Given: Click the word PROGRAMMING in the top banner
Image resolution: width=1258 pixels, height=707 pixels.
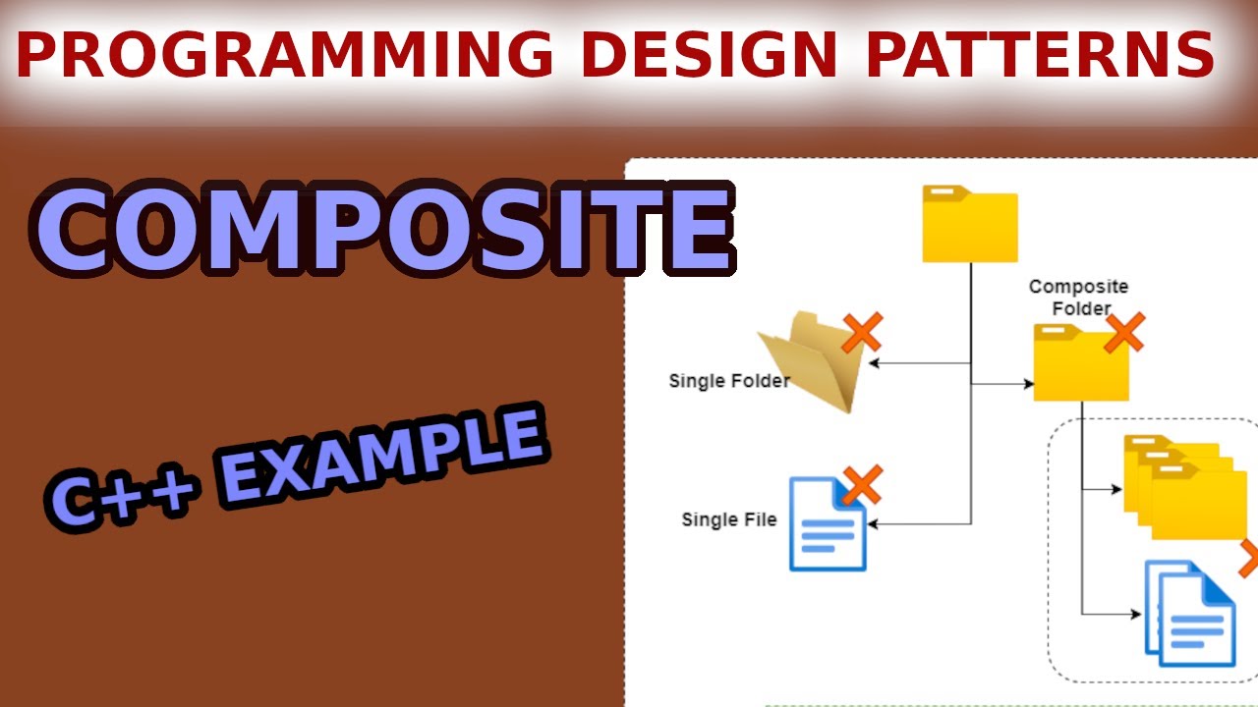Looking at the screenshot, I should tap(286, 55).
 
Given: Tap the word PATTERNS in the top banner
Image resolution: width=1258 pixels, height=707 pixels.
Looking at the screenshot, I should tap(1041, 55).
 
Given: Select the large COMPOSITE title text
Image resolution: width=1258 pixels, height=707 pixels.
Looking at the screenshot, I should tap(383, 229).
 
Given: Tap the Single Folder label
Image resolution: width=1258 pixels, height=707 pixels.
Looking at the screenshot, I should tap(729, 381).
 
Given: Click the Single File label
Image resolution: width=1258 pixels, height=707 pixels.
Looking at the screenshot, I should tap(729, 519).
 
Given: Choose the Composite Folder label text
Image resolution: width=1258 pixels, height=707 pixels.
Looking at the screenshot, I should tap(1078, 298).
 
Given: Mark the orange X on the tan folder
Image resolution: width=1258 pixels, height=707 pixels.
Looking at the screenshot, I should tap(862, 332).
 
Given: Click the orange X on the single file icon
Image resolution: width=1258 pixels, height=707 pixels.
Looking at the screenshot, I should tap(862, 485).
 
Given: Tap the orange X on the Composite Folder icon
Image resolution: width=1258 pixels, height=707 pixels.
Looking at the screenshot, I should tap(1124, 333).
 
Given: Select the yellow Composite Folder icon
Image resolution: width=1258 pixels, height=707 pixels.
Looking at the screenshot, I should tap(1079, 365).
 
